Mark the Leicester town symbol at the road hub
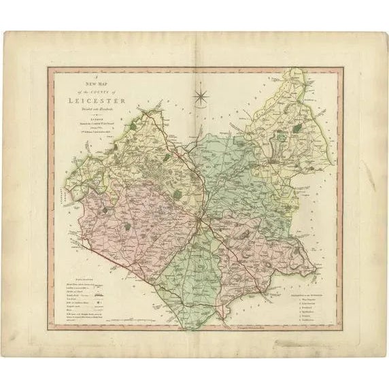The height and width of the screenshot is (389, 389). coord(199,223)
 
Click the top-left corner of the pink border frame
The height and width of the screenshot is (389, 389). coord(48,67)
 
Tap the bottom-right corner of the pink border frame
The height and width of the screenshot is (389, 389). coord(341,329)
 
